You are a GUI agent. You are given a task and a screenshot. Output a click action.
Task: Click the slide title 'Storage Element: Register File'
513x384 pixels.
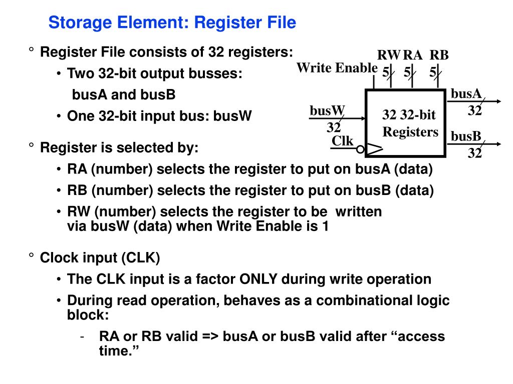click(x=172, y=22)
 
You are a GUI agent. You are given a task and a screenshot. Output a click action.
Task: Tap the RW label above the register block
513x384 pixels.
click(x=389, y=55)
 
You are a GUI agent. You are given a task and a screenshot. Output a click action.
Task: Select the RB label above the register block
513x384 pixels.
click(x=439, y=55)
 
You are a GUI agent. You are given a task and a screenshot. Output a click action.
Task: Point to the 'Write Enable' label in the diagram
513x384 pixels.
click(x=337, y=67)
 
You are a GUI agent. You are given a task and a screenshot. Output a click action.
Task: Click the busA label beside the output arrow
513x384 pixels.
click(x=466, y=93)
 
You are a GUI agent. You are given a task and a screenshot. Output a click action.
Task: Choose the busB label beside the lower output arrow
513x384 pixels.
click(x=466, y=136)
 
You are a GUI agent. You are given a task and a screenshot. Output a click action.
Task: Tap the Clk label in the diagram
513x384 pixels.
click(x=343, y=141)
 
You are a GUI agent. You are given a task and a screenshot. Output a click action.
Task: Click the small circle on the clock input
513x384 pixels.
click(x=360, y=148)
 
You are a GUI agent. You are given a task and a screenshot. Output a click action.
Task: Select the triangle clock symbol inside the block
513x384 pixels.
click(x=374, y=148)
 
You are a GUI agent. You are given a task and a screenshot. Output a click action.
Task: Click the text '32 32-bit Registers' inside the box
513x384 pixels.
click(x=410, y=124)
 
